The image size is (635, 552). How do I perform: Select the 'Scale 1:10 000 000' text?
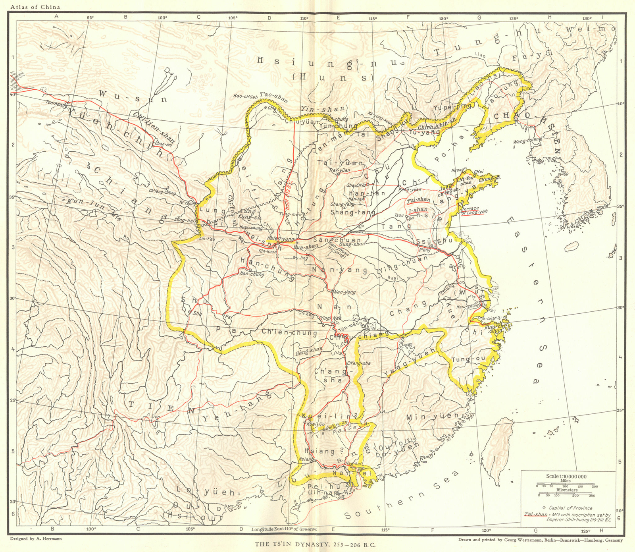[566, 476]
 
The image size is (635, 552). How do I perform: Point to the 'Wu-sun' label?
[133, 97]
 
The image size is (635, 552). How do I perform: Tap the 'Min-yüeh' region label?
[433, 417]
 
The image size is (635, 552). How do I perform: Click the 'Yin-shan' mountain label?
[322, 109]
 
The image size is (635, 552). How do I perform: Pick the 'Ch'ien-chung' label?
[289, 332]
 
